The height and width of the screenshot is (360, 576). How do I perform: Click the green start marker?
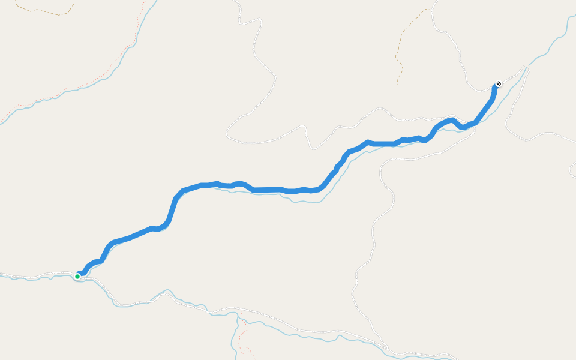coord(77,276)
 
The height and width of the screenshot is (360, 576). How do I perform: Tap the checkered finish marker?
coord(499,84)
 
